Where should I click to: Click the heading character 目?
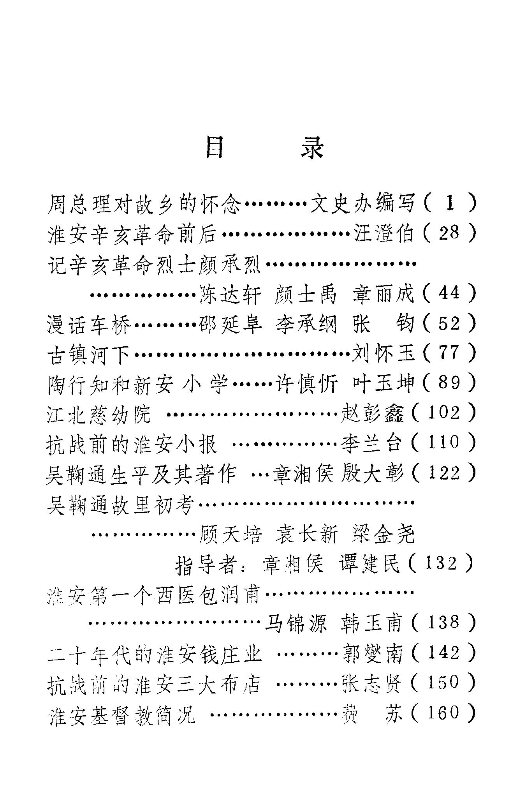point(214,147)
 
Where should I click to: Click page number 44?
point(449,293)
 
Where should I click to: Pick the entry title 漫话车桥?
point(89,324)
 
